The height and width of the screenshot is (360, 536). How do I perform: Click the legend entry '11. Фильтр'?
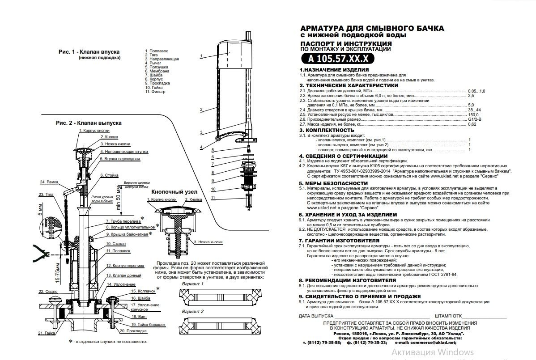pos(155,92)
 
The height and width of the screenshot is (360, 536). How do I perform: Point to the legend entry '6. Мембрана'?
pos(157,71)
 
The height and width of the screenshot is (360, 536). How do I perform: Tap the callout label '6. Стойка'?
pos(109,175)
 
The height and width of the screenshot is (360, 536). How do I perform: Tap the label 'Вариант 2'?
pos(192,311)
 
